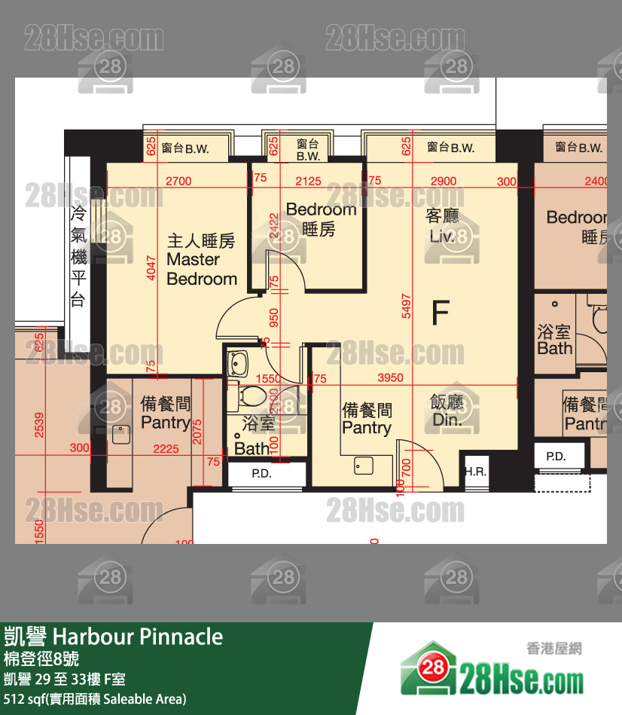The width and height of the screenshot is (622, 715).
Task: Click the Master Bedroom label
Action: [201, 260]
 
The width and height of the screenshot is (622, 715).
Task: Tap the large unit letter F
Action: [441, 313]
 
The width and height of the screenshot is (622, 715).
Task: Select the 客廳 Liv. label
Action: [444, 226]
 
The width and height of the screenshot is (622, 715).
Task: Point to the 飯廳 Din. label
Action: [447, 411]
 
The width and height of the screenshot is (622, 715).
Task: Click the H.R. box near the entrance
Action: [474, 472]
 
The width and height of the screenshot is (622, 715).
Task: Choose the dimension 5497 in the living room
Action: [407, 305]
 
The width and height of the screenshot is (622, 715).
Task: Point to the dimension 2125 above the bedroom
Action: [308, 181]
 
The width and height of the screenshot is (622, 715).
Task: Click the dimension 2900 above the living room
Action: [443, 181]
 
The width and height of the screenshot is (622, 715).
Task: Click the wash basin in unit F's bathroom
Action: [240, 363]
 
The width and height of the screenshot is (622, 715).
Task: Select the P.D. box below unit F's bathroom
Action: [261, 475]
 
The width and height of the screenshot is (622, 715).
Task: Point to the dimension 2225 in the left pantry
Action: [166, 449]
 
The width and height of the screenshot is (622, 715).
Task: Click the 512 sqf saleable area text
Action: [95, 698]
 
